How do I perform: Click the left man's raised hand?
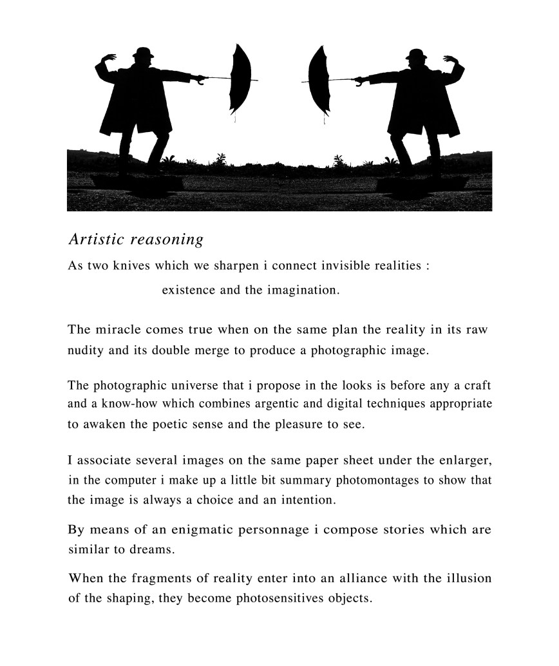(x=109, y=59)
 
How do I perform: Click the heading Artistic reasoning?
(x=136, y=240)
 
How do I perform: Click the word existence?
(x=189, y=290)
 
